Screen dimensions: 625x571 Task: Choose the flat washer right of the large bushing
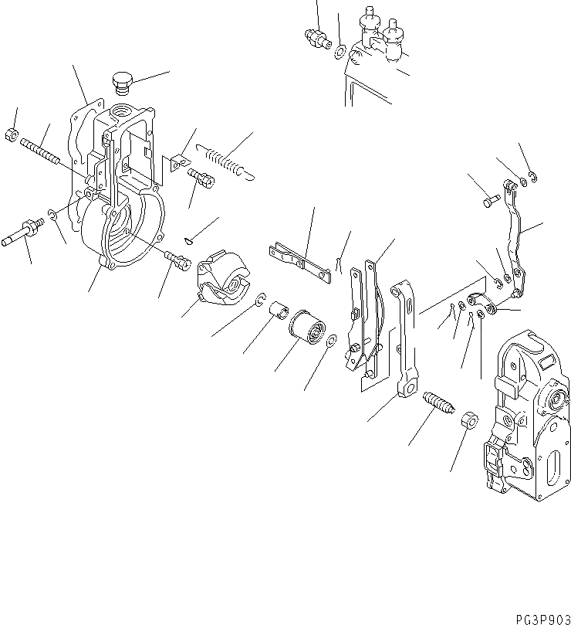pos(330,341)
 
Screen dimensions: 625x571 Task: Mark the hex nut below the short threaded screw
pos(468,421)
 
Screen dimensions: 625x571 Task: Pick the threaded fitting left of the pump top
pos(314,36)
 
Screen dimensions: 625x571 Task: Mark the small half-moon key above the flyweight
pos(191,239)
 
